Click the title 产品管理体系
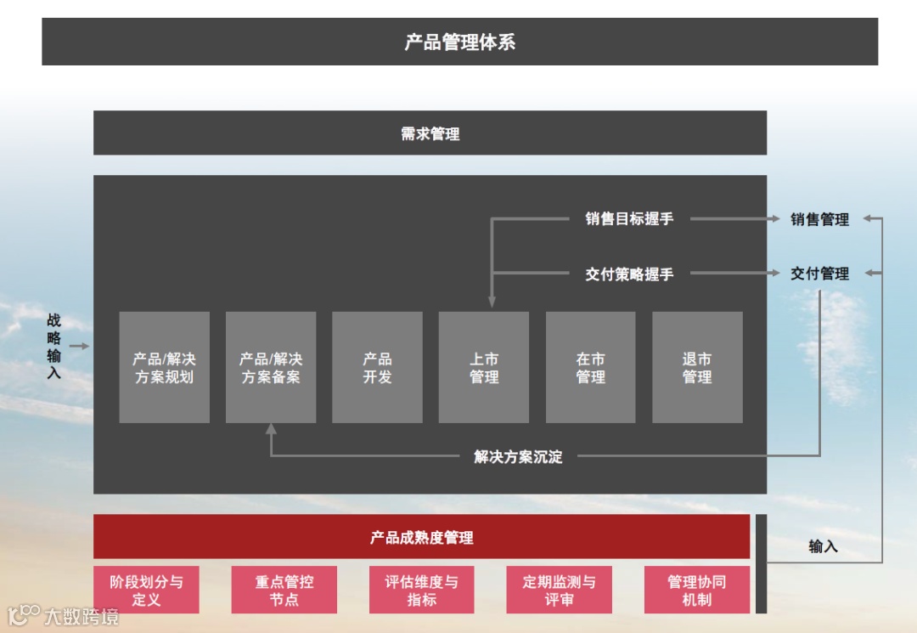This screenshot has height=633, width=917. [x=459, y=42]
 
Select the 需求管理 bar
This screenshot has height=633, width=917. [x=430, y=133]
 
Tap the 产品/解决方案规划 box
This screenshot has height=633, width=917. [x=164, y=367]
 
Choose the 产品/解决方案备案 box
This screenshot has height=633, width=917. [x=271, y=367]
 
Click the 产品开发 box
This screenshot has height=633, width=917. [x=377, y=367]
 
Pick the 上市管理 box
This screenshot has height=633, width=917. [x=484, y=367]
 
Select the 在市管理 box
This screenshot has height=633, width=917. [x=590, y=367]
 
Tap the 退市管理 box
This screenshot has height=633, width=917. [x=697, y=367]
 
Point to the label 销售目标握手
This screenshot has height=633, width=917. [x=629, y=219]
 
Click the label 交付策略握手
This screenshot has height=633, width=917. [x=629, y=274]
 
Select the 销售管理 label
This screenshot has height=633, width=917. [x=819, y=219]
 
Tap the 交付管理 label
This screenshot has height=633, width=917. [x=819, y=274]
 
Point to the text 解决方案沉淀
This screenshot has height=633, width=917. [x=518, y=456]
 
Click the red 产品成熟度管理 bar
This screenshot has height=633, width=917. [x=421, y=537]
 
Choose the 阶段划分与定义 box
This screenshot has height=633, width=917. [x=146, y=590]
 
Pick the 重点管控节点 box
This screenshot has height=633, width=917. [x=284, y=590]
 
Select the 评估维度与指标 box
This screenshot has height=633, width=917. [x=421, y=590]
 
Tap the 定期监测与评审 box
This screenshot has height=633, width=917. [x=559, y=590]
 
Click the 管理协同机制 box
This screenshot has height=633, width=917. [x=696, y=590]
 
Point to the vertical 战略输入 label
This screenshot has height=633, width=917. [x=54, y=346]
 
